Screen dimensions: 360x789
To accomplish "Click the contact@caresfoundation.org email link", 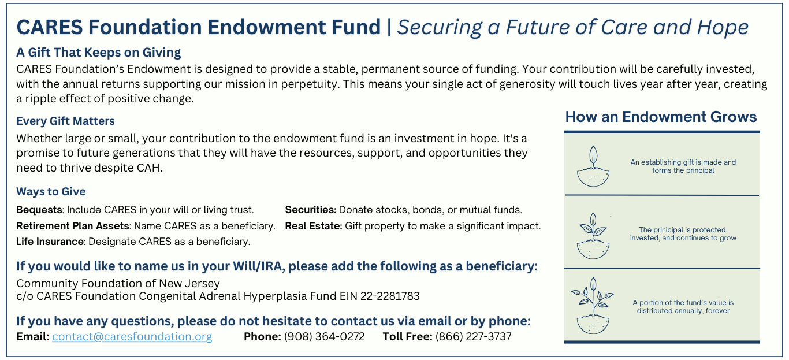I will coord(132,337).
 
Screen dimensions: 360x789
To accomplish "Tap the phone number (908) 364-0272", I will coord(324,337).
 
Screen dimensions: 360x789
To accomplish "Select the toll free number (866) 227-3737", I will coord(473,337).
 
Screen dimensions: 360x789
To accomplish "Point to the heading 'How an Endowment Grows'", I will coord(661,117).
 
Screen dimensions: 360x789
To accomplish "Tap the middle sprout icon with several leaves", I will coord(593,236).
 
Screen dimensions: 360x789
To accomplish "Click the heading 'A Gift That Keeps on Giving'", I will coord(98,53).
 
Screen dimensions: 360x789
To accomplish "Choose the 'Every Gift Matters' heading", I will coord(65,121).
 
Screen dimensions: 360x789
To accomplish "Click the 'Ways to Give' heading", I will coord(51,192).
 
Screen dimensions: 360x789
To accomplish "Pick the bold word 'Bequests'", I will coord(39,210).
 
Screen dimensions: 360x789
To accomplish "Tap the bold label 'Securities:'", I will coord(310,210).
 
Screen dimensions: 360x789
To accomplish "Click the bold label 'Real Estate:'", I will coord(314,226).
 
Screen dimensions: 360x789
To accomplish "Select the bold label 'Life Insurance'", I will coord(50,242).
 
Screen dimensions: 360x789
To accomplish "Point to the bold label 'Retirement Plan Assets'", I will coord(73,226).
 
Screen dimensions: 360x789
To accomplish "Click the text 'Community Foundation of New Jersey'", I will coord(118,284).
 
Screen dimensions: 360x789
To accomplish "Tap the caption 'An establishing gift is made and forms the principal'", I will coord(683,166).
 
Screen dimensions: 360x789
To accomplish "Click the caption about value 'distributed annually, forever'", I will coord(683,307).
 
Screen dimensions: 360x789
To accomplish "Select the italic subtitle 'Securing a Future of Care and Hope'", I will coord(572,27).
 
